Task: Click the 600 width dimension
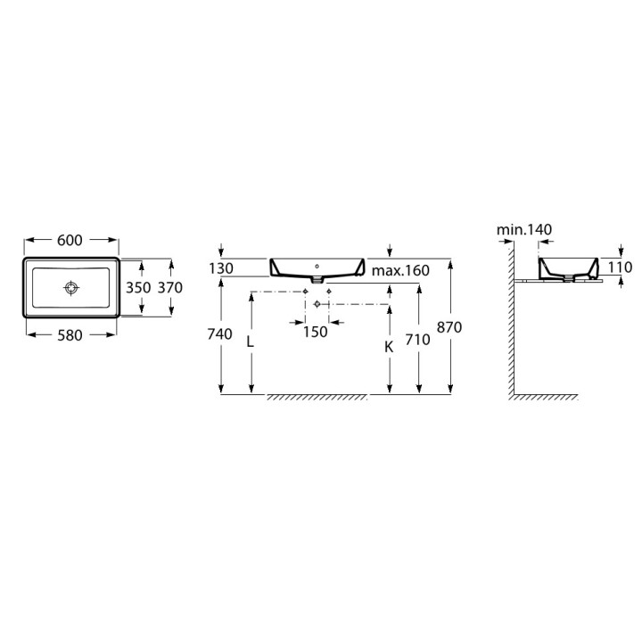pos(70,241)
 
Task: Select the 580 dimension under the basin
pos(70,335)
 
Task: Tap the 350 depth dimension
pos(138,287)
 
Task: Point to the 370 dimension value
pos(170,287)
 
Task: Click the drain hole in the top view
pos(71,288)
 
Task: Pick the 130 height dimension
pos(221,268)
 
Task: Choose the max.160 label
pos(400,270)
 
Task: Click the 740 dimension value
pos(220,334)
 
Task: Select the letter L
pos(250,341)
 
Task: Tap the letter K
pos(389,347)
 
